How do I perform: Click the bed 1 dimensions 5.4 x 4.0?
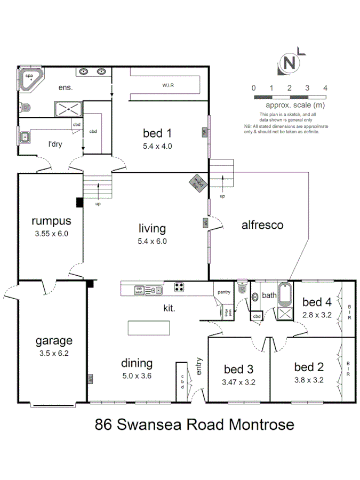(x=157, y=146)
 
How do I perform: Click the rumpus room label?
(x=51, y=221)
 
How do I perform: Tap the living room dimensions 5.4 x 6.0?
(x=152, y=241)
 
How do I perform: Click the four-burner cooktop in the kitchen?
(x=180, y=287)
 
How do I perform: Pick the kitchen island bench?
(x=149, y=327)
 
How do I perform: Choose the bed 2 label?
(x=309, y=367)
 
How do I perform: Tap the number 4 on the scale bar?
(x=324, y=88)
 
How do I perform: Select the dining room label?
(x=137, y=363)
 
